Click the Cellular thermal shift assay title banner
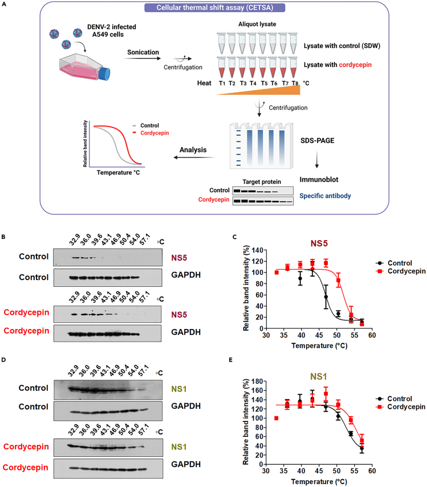pos(213,7)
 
